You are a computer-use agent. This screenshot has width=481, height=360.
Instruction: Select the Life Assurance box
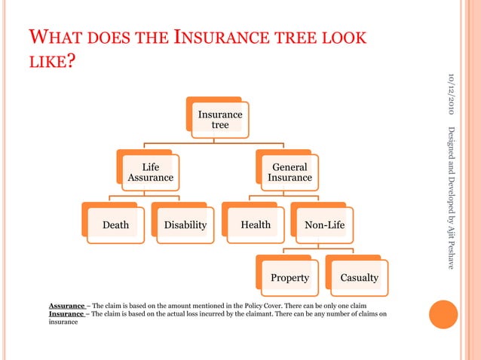coord(150,172)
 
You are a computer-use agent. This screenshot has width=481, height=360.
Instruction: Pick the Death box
coord(115,224)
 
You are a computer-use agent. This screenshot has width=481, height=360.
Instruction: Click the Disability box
coord(185,224)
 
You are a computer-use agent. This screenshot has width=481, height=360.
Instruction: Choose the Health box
coord(255,224)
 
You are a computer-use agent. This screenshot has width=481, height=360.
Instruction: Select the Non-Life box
coord(324,224)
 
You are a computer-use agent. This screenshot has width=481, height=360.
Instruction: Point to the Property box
coord(290,277)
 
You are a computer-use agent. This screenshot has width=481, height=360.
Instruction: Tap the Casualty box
coord(359,277)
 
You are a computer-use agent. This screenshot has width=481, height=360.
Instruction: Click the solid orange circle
coord(443,314)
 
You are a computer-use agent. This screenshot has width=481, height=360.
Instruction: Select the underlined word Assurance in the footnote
coord(67,306)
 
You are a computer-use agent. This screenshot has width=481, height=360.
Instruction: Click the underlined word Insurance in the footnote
coord(66,313)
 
